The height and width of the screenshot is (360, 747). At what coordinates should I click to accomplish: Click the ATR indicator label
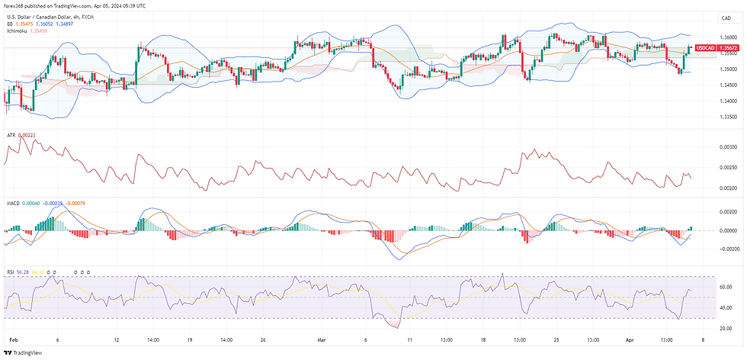(x=11, y=135)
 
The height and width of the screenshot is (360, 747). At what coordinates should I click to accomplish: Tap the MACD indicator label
(x=13, y=202)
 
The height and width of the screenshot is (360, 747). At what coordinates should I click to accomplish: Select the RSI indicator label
(x=10, y=270)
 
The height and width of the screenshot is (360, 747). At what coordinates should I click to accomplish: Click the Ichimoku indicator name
(x=17, y=31)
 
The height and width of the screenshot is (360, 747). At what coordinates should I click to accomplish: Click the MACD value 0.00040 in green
(x=30, y=202)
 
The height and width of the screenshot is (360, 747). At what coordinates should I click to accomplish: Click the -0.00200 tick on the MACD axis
(x=727, y=249)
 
